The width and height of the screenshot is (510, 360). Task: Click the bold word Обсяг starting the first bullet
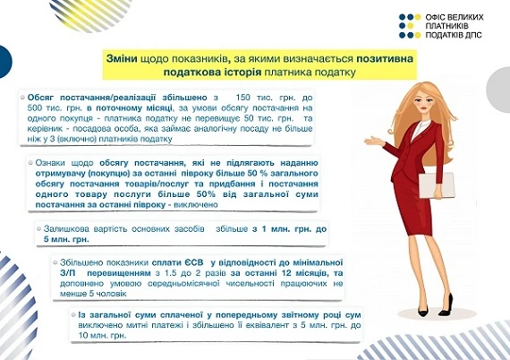(46, 96)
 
